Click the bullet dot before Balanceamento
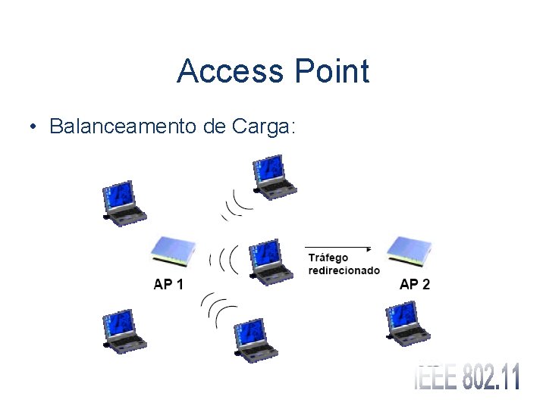point(35,126)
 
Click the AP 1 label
point(168,285)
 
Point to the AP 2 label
point(414,285)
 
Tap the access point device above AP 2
point(409,251)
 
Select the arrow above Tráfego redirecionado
point(338,248)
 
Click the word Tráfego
point(328,259)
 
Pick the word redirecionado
point(344,270)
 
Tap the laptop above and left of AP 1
point(124,203)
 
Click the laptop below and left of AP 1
point(124,331)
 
